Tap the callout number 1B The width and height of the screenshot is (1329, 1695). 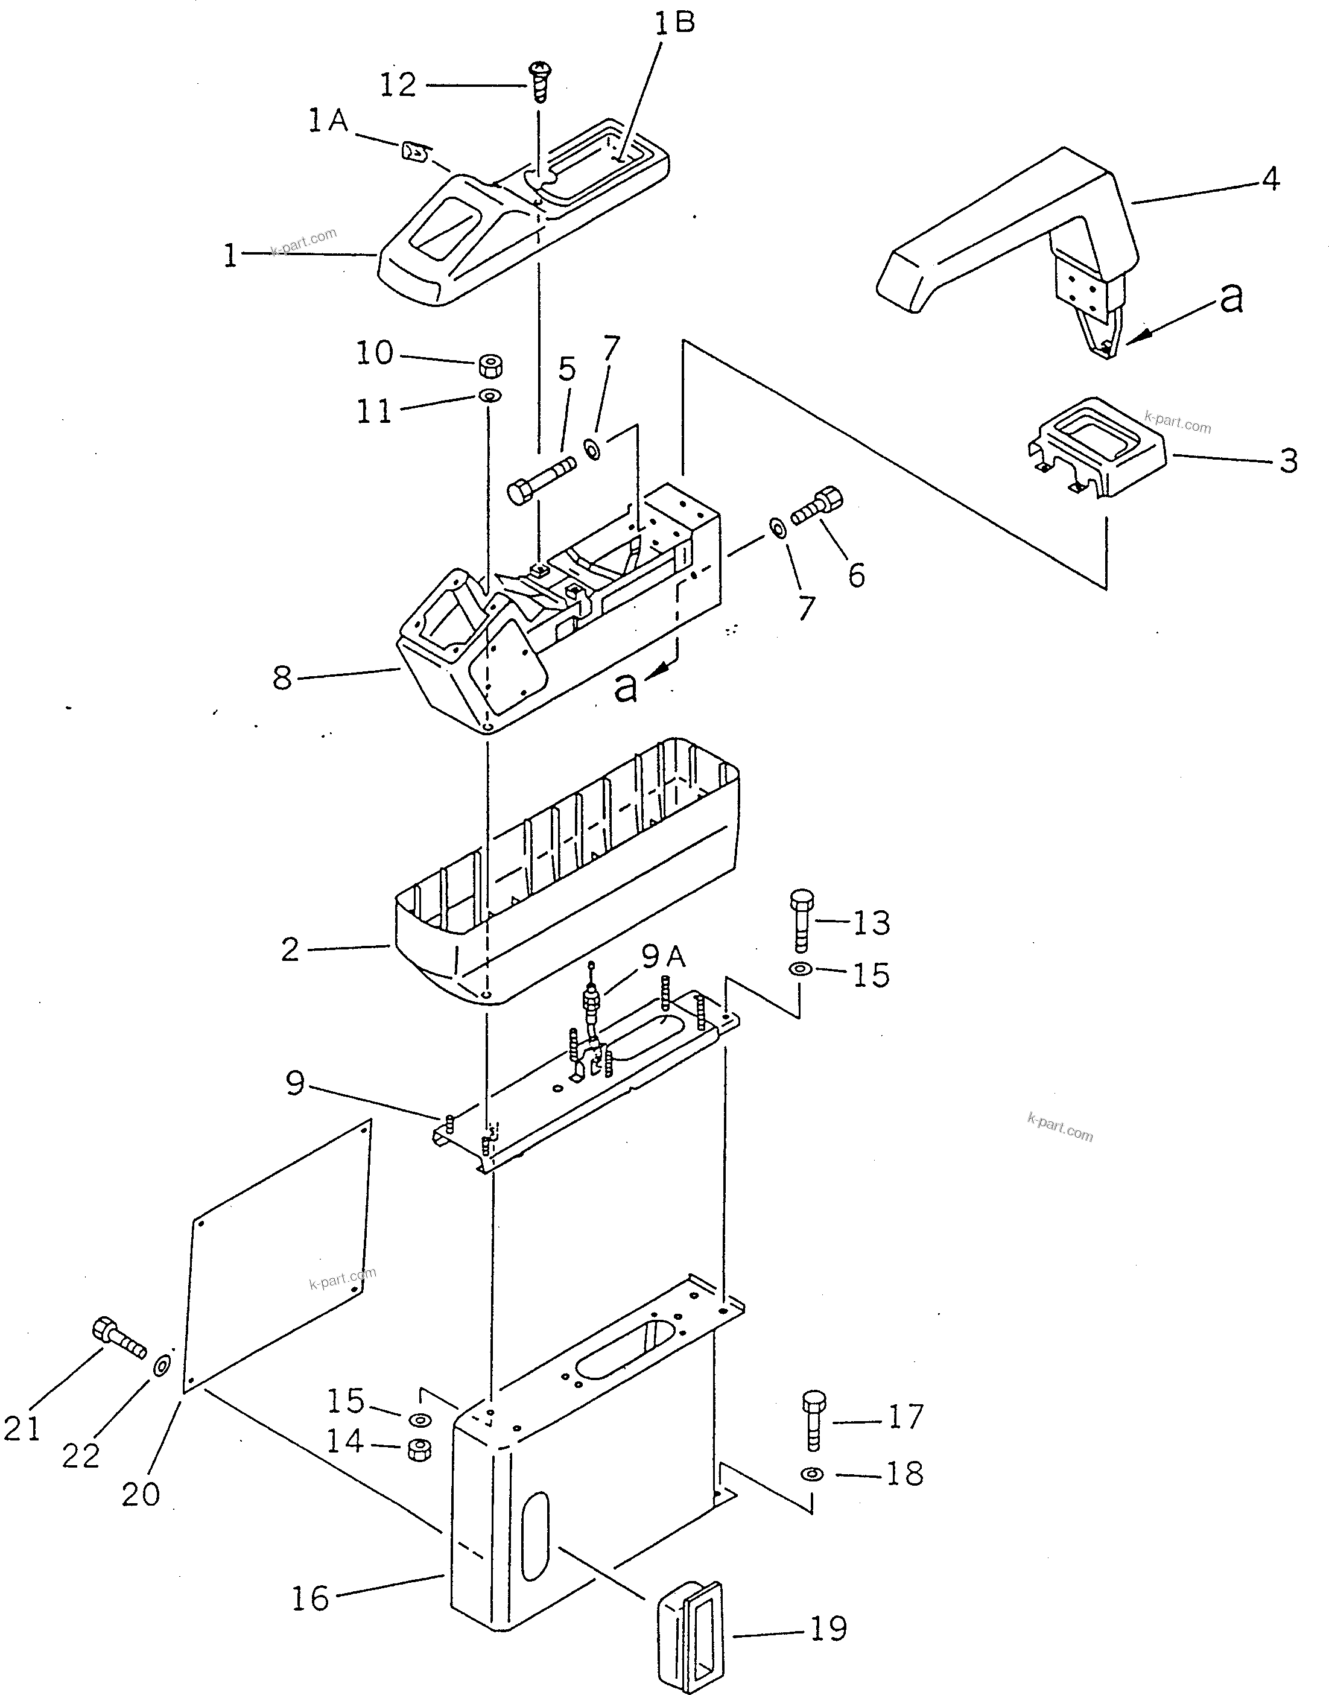tap(674, 24)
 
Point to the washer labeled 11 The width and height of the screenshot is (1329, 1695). tap(490, 396)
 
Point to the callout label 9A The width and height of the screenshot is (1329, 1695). tap(664, 957)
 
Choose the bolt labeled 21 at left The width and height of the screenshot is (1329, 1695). tap(119, 1337)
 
